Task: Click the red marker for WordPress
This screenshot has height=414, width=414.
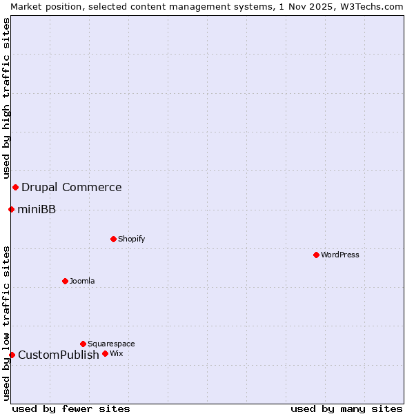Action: tap(316, 255)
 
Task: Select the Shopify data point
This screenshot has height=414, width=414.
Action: tap(113, 239)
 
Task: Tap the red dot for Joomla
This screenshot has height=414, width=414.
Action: tap(65, 281)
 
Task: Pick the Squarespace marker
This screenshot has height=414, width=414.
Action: tap(83, 344)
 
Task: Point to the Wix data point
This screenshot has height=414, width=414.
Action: tap(105, 353)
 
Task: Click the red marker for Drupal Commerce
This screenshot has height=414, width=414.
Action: tap(15, 187)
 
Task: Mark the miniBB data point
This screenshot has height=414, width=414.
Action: tap(11, 209)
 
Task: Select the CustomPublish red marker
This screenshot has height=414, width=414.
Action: tap(12, 355)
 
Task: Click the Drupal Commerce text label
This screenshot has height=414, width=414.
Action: tap(71, 187)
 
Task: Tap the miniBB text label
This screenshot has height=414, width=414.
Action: tap(37, 209)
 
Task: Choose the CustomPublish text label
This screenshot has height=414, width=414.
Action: tap(59, 355)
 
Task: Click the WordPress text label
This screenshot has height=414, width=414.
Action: tap(340, 255)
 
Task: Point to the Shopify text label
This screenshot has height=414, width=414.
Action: tap(131, 239)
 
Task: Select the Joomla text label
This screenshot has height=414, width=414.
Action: tap(82, 281)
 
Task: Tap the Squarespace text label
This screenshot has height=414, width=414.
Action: tap(111, 344)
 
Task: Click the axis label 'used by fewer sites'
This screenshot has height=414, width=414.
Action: tap(71, 408)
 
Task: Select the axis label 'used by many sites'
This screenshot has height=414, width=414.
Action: tap(346, 408)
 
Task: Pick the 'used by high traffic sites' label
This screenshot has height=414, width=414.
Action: tap(6, 99)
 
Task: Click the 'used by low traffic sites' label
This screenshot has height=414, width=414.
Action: tap(6, 323)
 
